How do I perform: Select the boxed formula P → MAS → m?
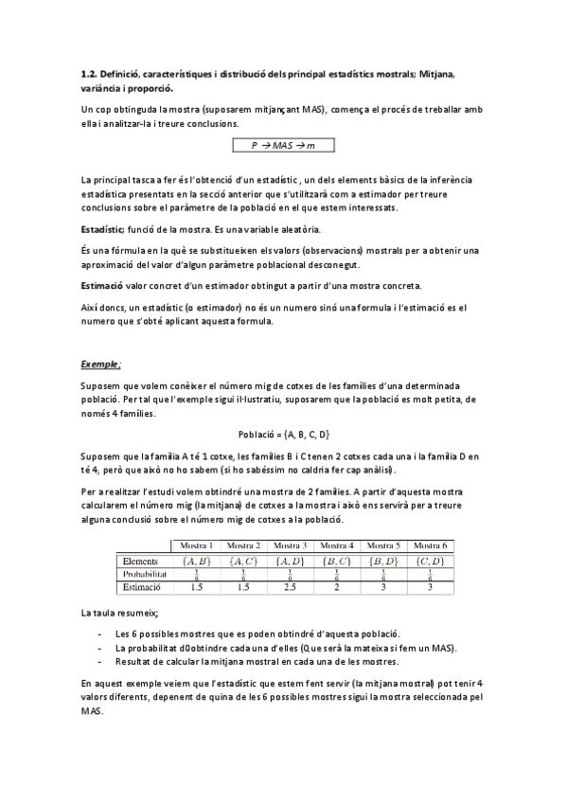(283, 145)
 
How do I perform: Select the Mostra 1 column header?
(197, 545)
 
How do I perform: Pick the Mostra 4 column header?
(337, 545)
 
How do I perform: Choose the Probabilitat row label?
(145, 574)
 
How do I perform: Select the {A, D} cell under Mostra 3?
(290, 561)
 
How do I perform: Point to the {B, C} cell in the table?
(337, 561)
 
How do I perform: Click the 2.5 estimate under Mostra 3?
(290, 587)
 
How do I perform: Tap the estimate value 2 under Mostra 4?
(337, 587)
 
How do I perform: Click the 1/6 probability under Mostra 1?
(197, 574)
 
